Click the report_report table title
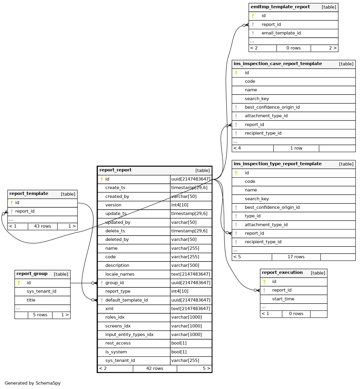pos(115,170)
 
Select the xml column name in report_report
pos(109,309)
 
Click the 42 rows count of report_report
pos(155,368)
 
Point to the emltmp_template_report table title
pos(280,7)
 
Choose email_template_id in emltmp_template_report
pos(281,33)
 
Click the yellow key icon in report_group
pos(19,283)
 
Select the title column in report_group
pos(31,300)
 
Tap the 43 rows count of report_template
pos(43,226)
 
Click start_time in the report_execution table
pos(283,299)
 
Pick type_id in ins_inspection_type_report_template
pos(253,216)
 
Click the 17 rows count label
pos(296,257)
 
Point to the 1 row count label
pos(296,148)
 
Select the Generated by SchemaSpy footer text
pos(33,383)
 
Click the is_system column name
pos(116,352)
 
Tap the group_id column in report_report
pos(115,283)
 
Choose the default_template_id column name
pos(127,300)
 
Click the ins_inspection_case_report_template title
pos(278,64)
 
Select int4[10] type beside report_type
pos(180,291)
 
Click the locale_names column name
pos(120,274)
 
